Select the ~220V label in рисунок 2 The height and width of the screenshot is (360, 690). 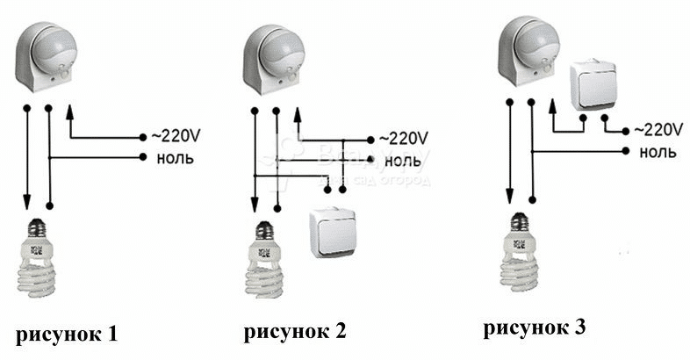click(403, 139)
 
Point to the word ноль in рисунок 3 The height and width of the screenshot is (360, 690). click(658, 152)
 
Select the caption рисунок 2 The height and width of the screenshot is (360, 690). click(295, 331)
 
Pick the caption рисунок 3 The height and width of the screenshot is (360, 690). click(533, 328)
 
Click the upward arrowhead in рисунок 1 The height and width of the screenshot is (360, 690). click(70, 112)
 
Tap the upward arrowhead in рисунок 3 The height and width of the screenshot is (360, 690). click(552, 106)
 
